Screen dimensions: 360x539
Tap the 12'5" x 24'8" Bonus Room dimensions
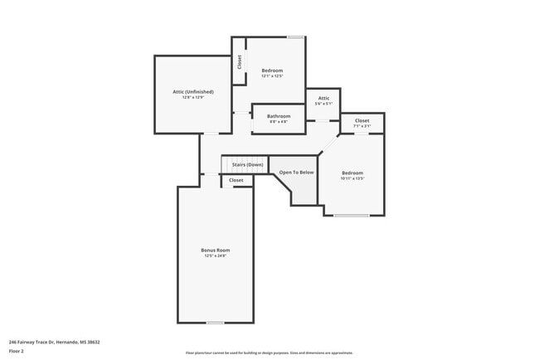[215, 256]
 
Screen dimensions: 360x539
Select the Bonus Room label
[215, 250]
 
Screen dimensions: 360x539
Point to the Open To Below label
[296, 172]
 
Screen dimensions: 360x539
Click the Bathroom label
[279, 116]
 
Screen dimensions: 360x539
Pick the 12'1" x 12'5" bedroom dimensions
[273, 76]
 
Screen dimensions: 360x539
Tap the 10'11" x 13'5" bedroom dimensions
[352, 178]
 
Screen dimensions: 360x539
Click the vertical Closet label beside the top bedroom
[240, 62]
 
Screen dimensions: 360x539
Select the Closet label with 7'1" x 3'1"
[362, 120]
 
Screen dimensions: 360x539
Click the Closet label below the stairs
[236, 180]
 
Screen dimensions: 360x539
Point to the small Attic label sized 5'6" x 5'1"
[323, 98]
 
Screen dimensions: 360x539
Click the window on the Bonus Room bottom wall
[215, 323]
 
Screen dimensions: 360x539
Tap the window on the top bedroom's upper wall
[294, 36]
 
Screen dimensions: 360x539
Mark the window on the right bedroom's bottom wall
[352, 216]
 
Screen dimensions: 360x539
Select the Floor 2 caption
[17, 351]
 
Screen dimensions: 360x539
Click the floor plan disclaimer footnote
[269, 353]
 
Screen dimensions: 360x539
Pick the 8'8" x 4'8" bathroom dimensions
[279, 122]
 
